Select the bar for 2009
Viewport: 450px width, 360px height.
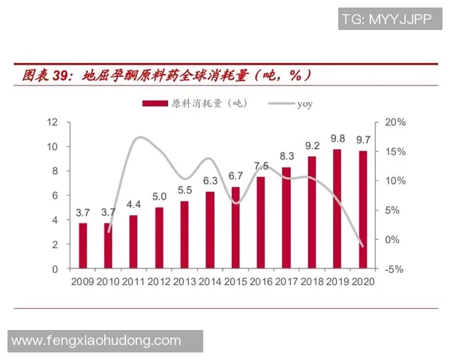pos(83,245)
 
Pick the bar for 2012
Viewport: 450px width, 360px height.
pos(160,238)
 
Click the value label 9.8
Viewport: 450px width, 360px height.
pos(337,139)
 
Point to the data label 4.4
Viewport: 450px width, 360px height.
pos(133,204)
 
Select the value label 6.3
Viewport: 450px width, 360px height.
pos(210,181)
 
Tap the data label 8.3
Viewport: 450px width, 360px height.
pos(286,156)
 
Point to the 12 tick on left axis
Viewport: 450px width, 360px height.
pos(53,121)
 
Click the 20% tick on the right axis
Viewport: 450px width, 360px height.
pos(395,121)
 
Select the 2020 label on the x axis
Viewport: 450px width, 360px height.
pos(363,282)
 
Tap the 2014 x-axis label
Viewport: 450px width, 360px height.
pos(210,282)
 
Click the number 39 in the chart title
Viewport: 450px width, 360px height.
pos(61,75)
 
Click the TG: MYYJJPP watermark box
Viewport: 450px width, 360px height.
pos(386,19)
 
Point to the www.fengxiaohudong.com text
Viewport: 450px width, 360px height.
pos(96,340)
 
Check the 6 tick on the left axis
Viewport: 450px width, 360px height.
pos(56,195)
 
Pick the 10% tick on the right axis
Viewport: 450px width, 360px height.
pos(395,181)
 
